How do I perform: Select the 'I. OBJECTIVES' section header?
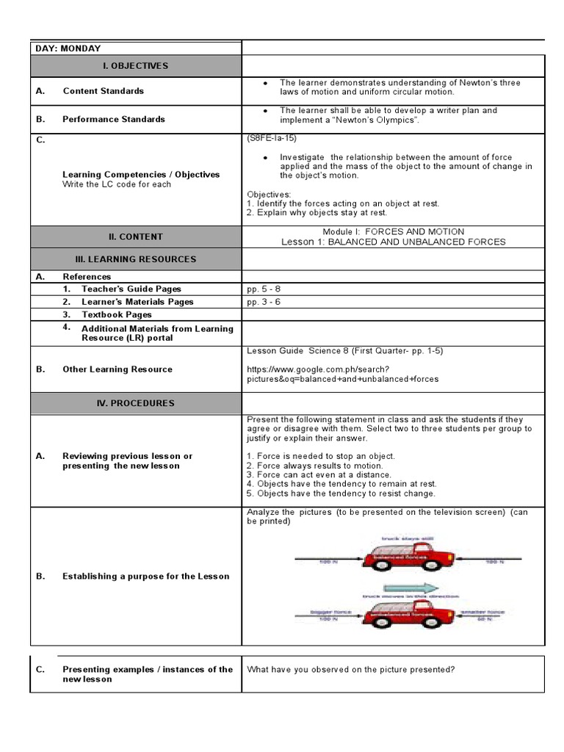click(135, 66)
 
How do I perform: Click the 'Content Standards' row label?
click(103, 91)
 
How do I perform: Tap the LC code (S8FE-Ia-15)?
click(272, 138)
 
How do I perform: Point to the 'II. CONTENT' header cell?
click(135, 237)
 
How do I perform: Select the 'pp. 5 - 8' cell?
click(264, 289)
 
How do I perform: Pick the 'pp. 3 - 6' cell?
click(264, 302)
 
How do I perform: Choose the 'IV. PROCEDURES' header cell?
click(135, 403)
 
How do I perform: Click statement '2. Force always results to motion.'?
click(315, 466)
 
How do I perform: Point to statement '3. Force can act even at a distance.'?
click(319, 475)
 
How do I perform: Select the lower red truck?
click(398, 610)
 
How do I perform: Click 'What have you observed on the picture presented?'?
click(351, 670)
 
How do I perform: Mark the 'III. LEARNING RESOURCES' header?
click(135, 259)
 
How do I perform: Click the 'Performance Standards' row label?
click(113, 119)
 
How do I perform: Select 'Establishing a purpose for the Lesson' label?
click(145, 576)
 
